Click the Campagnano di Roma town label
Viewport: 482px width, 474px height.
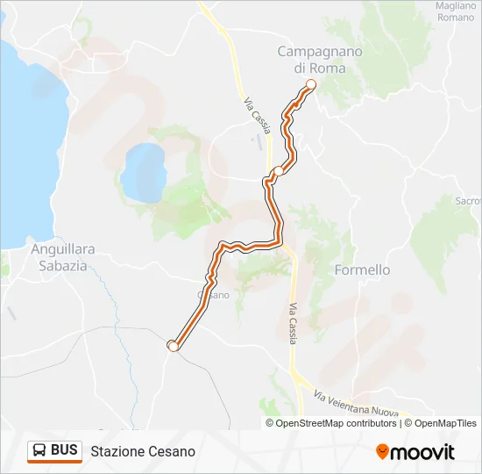(x=320, y=60)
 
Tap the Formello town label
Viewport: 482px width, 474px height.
(x=363, y=270)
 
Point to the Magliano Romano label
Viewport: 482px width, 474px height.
(x=456, y=11)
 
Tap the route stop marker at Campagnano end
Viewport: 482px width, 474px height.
(x=309, y=84)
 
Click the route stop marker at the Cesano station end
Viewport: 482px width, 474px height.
(x=173, y=346)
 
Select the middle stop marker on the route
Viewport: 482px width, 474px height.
(x=278, y=171)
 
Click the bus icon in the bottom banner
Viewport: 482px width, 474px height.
(x=39, y=450)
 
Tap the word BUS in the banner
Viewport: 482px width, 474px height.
(x=64, y=450)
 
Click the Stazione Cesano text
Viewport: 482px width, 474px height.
(x=143, y=451)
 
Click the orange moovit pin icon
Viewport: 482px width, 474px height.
(x=382, y=451)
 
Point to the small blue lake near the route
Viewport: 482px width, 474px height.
(x=144, y=170)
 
